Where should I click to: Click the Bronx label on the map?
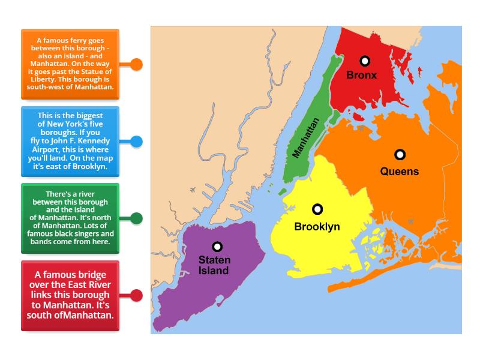tap(362, 75)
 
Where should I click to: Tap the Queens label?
tap(400, 171)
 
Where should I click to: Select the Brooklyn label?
tap(317, 227)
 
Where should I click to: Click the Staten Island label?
tap(214, 266)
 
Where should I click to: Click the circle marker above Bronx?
tap(364, 61)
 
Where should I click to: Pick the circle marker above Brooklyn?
tap(317, 209)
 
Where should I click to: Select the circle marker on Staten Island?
tap(217, 247)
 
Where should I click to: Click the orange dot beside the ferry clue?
tap(137, 64)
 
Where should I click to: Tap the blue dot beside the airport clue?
tap(137, 142)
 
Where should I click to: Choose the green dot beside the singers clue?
tap(137, 218)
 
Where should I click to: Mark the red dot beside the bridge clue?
tap(137, 295)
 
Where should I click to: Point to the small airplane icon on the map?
tap(192, 190)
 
